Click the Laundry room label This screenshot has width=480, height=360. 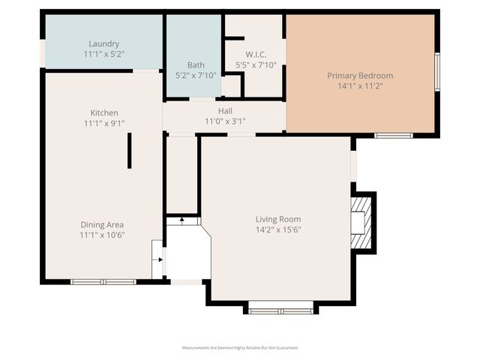click(x=103, y=44)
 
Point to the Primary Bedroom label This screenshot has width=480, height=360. click(x=360, y=76)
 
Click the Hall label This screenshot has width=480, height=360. click(x=224, y=111)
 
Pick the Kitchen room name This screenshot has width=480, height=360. click(x=103, y=113)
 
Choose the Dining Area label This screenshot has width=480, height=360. click(x=103, y=224)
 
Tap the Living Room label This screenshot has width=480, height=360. click(x=277, y=220)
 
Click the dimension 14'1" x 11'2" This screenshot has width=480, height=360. click(x=360, y=86)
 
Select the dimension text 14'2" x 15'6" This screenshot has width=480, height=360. click(x=277, y=230)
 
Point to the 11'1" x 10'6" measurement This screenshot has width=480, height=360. click(x=103, y=235)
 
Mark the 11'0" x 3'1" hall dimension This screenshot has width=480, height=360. click(x=224, y=121)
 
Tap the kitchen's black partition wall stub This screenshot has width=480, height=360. click(x=129, y=151)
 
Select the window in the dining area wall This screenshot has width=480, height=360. click(x=103, y=282)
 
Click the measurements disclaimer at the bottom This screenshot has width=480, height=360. click(x=240, y=348)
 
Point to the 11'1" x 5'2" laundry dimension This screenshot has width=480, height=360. click(x=103, y=55)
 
